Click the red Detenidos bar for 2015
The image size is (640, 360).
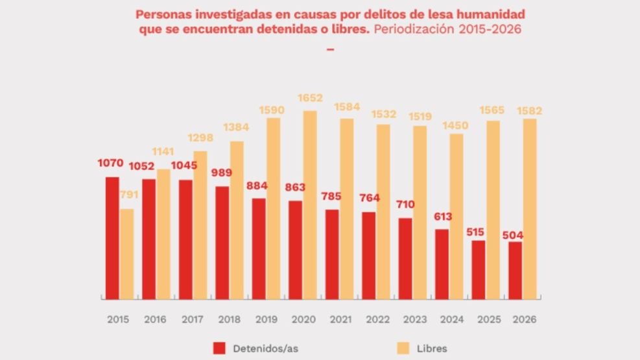(x=112, y=237)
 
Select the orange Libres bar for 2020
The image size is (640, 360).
(x=310, y=204)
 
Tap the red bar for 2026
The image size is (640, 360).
(x=516, y=270)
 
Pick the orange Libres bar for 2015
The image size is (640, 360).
(x=126, y=254)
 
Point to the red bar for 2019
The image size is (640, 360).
(x=259, y=248)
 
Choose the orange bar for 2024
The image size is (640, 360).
(x=456, y=216)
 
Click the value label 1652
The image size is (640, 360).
(x=310, y=97)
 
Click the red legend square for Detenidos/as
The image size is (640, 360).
(x=219, y=348)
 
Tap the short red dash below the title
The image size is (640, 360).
(x=330, y=48)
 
